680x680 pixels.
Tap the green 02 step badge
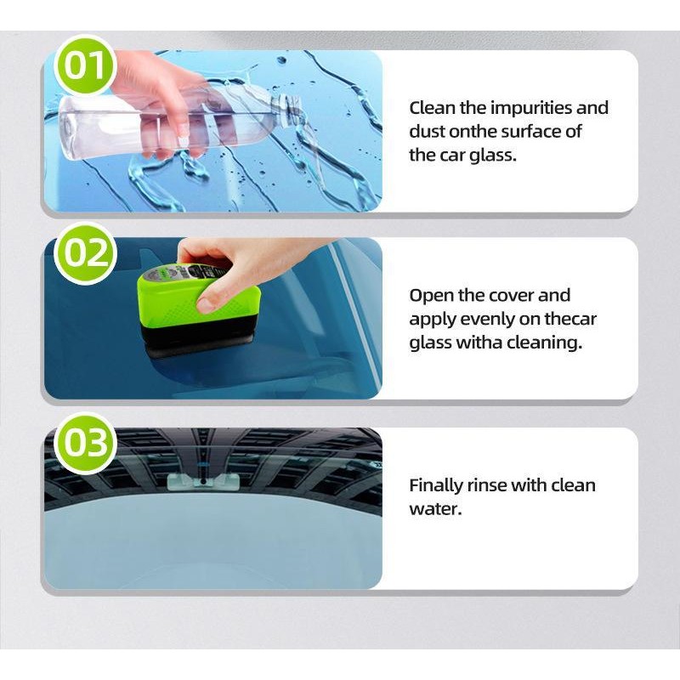pyautogui.click(x=86, y=252)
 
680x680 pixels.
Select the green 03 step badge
pyautogui.click(x=86, y=442)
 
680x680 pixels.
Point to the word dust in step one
pyautogui.click(x=428, y=132)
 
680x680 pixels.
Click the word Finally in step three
pyautogui.click(x=435, y=485)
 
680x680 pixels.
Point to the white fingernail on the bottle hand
pyautogui.click(x=183, y=139)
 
